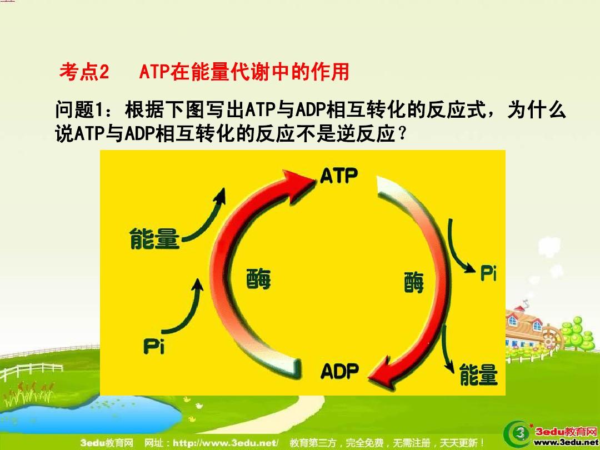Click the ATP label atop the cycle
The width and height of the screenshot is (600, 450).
tap(339, 176)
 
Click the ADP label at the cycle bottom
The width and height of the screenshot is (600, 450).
tap(340, 371)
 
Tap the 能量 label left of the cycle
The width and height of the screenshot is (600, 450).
tap(154, 238)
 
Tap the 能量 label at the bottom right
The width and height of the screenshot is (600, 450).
tap(478, 374)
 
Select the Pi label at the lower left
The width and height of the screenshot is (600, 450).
tap(154, 346)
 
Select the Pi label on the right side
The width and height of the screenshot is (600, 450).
tap(489, 273)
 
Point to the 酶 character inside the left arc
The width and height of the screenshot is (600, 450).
tap(258, 278)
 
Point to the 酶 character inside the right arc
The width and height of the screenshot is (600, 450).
tap(414, 282)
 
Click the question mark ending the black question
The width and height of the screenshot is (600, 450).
tap(402, 133)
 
